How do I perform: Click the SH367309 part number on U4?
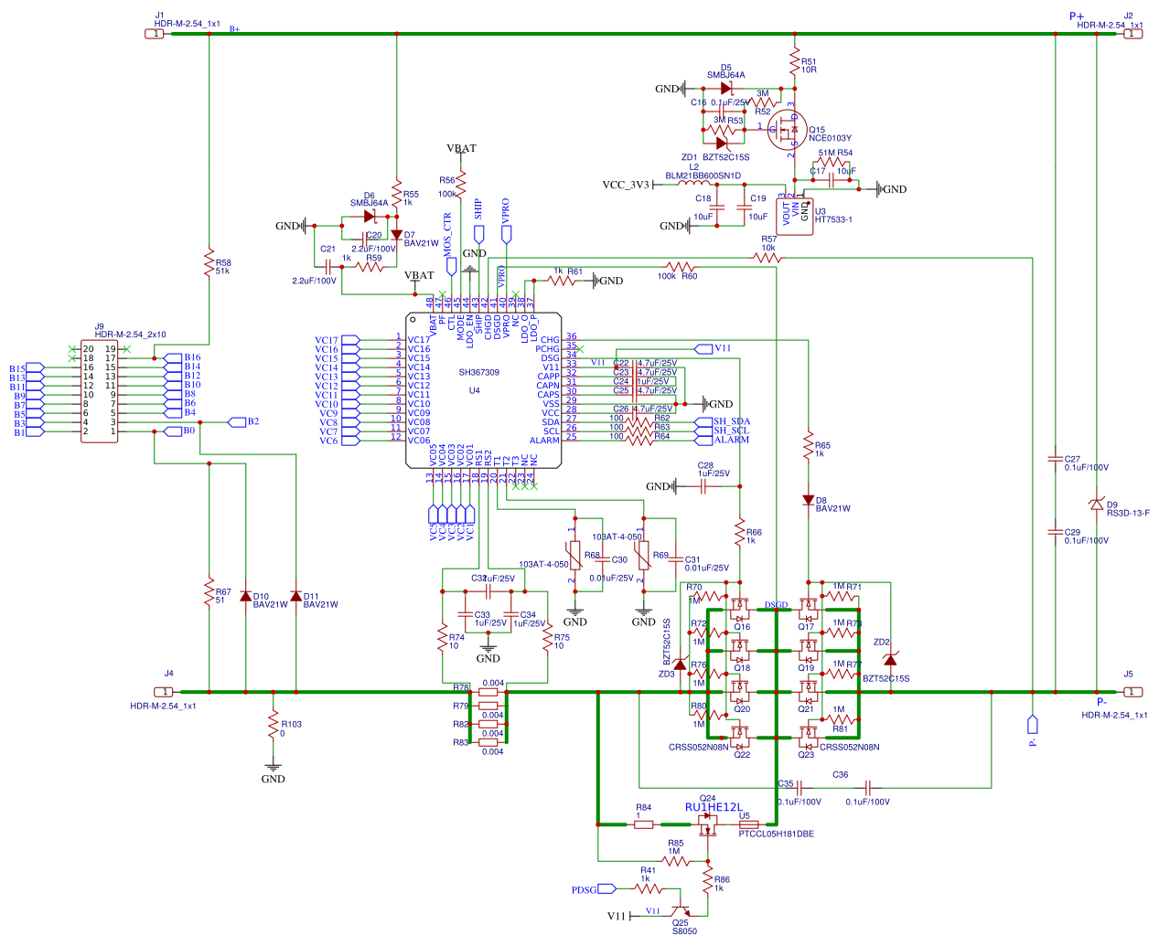478,372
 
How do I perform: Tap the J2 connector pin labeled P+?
1132,34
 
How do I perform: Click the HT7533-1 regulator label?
832,219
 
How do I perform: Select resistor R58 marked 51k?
209,263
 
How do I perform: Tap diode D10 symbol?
245,596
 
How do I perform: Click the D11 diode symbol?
295,596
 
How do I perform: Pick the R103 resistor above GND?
273,725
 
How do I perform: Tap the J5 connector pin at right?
1132,692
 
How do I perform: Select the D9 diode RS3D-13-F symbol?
1096,504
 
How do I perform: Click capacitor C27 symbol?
1055,460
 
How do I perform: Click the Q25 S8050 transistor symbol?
681,910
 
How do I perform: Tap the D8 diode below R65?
808,500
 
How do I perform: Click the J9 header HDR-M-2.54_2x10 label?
130,335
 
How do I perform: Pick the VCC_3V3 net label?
625,185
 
